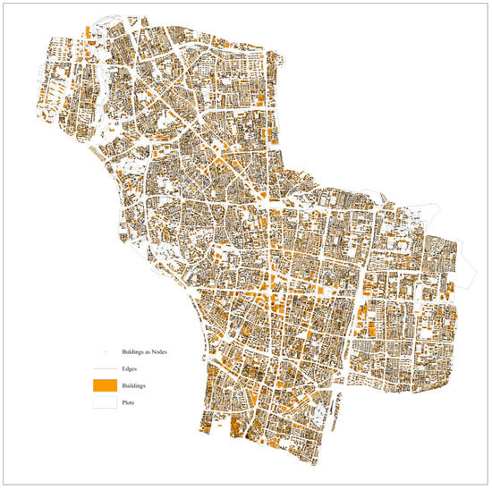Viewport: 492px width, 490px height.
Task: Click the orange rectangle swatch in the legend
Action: [105, 385]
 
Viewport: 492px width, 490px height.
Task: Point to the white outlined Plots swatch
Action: [105, 402]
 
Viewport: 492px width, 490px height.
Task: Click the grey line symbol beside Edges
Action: [105, 368]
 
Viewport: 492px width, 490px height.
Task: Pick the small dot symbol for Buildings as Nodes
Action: [105, 352]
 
